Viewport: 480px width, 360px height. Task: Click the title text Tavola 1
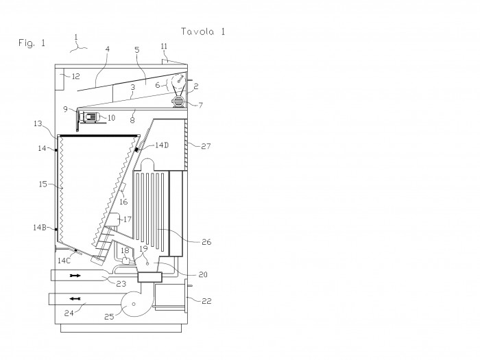(203, 32)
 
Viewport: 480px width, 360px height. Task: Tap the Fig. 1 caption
(32, 43)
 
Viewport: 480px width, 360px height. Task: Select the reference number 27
(206, 146)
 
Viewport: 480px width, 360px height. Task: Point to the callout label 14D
(162, 145)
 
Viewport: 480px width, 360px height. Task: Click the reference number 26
(206, 242)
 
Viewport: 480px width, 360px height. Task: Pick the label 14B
(40, 228)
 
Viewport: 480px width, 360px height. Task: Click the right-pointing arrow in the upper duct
(75, 276)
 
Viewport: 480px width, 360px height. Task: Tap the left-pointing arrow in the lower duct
(75, 298)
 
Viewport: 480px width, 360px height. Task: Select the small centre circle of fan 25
(134, 304)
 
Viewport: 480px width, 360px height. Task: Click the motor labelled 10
(91, 117)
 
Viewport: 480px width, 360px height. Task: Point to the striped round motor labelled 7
(178, 101)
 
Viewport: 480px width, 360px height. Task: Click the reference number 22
(206, 301)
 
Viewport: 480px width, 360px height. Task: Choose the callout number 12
(75, 76)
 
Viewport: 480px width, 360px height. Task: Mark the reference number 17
(128, 219)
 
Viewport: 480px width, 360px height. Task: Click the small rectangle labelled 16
(122, 187)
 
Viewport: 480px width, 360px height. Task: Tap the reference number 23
(121, 284)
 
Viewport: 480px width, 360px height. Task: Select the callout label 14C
(64, 261)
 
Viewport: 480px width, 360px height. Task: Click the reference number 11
(164, 46)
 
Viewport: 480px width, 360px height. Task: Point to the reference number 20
(203, 274)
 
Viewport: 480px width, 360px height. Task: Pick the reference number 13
(38, 123)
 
